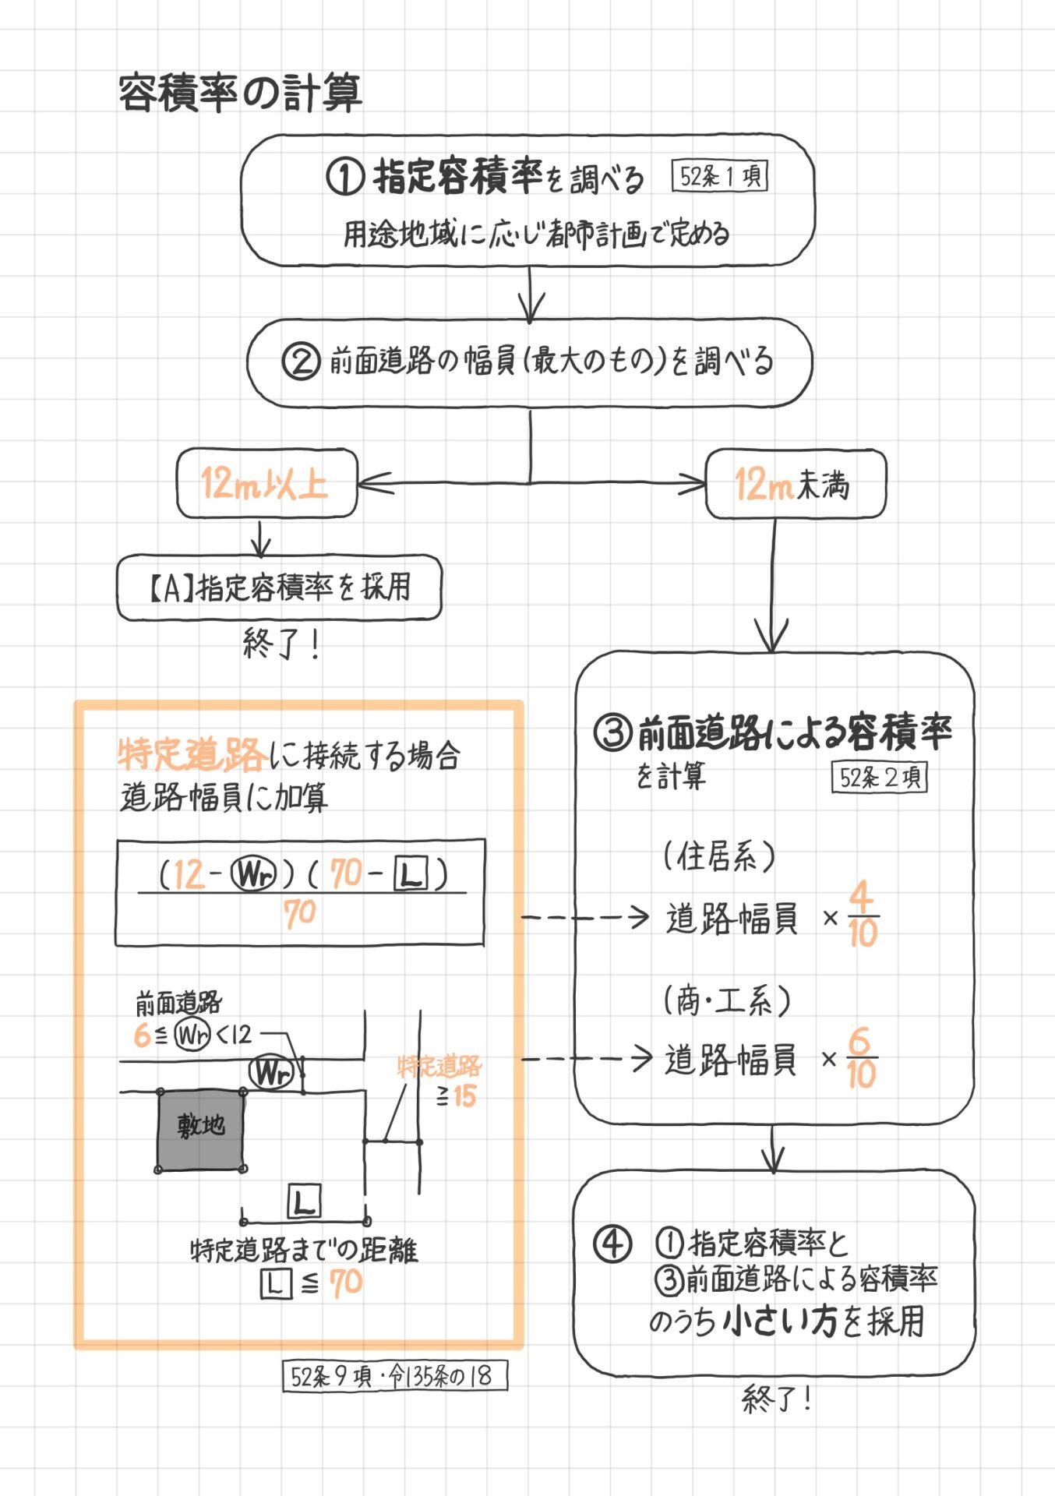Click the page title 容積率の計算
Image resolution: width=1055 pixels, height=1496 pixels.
click(x=240, y=93)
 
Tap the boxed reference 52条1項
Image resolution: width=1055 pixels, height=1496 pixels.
click(x=720, y=177)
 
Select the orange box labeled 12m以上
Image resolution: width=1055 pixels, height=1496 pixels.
click(x=266, y=483)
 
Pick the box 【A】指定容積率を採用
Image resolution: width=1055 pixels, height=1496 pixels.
click(x=279, y=587)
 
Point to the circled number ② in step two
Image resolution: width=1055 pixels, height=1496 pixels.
click(x=301, y=362)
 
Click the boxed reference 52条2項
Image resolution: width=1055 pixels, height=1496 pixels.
click(x=879, y=777)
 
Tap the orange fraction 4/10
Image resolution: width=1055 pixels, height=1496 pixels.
click(x=863, y=915)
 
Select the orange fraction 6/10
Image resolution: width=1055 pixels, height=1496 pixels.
click(x=861, y=1058)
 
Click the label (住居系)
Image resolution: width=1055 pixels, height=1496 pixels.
click(x=718, y=856)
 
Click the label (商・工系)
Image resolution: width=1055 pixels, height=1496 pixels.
click(x=726, y=1000)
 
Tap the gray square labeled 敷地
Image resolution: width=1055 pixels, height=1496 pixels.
click(x=201, y=1130)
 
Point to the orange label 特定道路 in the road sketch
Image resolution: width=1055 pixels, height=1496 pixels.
click(x=439, y=1066)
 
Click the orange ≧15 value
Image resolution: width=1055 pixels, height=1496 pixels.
click(x=457, y=1096)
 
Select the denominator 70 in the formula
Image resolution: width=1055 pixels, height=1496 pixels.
click(x=299, y=912)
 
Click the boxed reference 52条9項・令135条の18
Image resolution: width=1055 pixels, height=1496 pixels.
click(x=394, y=1376)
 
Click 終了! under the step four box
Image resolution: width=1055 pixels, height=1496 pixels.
click(x=777, y=1399)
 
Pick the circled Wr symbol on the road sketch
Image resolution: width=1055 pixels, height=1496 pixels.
click(x=270, y=1073)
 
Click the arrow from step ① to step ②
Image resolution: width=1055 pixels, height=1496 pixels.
click(x=531, y=295)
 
